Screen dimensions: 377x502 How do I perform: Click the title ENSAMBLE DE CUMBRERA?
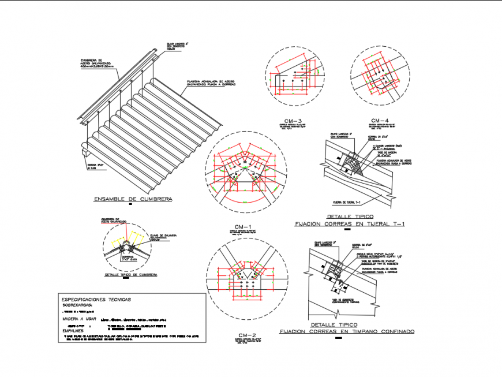[132, 199]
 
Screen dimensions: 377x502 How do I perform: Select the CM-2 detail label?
[247, 335]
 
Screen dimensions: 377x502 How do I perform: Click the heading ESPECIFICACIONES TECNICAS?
[96, 299]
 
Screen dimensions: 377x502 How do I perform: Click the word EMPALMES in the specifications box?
[74, 331]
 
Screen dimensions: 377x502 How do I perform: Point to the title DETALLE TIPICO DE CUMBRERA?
[130, 275]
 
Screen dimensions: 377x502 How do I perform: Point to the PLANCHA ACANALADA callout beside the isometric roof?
[211, 84]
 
